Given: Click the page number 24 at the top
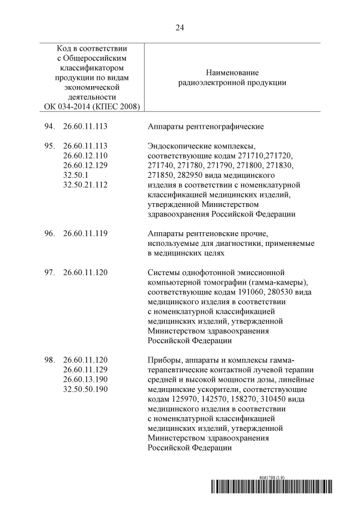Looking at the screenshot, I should click(180, 27).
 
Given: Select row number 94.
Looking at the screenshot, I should click(49, 127).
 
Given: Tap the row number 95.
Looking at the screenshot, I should click(49, 146).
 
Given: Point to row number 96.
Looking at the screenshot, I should click(49, 233).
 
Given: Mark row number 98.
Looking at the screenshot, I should click(49, 360).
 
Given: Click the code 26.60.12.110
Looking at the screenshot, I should click(85, 155).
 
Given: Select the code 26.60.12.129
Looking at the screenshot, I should click(85, 165).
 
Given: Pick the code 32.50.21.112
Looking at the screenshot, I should click(85, 184).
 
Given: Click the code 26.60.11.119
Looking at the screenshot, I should click(85, 233).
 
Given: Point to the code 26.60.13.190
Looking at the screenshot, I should click(85, 380).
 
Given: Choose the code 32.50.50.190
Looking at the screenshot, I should click(85, 389).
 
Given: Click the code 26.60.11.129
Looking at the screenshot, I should click(85, 370).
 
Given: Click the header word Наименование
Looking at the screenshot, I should click(232, 73).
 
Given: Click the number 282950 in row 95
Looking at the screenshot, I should click(188, 175).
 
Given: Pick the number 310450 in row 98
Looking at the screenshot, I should click(273, 399).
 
